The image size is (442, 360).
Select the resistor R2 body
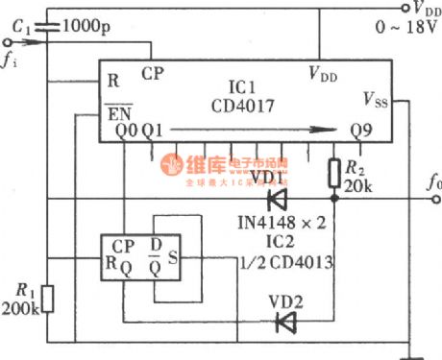[x=333, y=172]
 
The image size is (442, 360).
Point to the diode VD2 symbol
[x=284, y=323]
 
